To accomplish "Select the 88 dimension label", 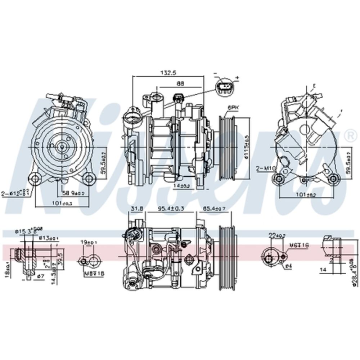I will pyautogui.click(x=180, y=83).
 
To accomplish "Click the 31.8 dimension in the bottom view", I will pyautogui.click(x=136, y=208).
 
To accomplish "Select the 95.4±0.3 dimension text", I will pyautogui.click(x=171, y=208).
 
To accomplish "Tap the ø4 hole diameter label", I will pyautogui.click(x=288, y=266).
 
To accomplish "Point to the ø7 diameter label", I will pyautogui.click(x=41, y=276).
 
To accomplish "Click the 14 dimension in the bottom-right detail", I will pyautogui.click(x=323, y=269).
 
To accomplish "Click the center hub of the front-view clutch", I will pyautogui.click(x=62, y=147).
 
